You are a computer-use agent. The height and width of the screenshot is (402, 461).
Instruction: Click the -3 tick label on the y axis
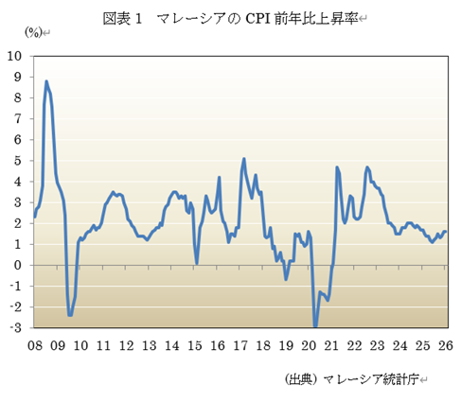click(x=18, y=328)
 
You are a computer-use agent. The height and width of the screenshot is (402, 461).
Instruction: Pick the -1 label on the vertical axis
click(x=18, y=286)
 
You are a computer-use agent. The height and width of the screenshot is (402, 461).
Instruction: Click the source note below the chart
click(x=357, y=379)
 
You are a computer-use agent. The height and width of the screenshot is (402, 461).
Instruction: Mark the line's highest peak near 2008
click(x=46, y=81)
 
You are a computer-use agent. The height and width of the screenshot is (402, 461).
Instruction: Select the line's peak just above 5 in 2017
click(x=244, y=159)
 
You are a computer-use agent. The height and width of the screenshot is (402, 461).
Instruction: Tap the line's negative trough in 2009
click(x=70, y=315)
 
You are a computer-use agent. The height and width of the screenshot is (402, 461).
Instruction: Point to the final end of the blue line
click(x=446, y=232)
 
